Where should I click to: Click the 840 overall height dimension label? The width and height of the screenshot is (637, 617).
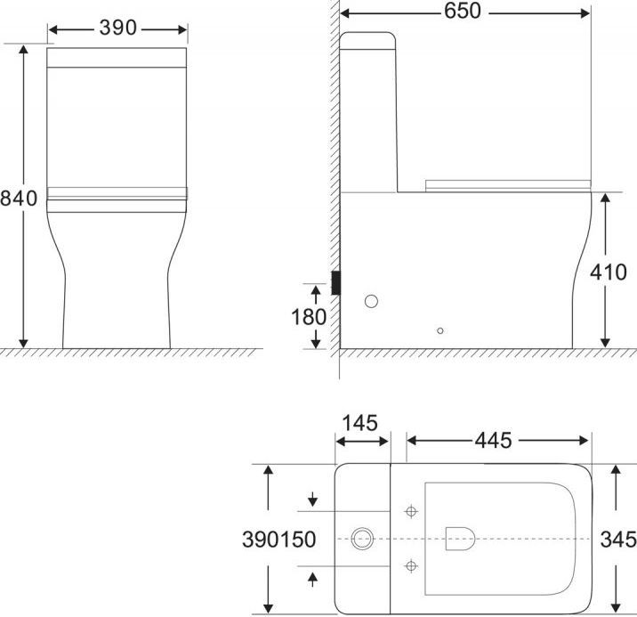point(19,198)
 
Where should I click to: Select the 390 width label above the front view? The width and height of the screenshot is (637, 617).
point(117,28)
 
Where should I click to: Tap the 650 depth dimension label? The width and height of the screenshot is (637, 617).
point(463,12)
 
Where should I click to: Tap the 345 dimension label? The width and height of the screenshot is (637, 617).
point(617,539)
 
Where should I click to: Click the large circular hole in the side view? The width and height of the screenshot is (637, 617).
point(371,301)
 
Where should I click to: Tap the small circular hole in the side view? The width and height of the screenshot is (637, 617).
point(440,330)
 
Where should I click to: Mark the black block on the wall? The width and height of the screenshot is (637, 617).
point(335,282)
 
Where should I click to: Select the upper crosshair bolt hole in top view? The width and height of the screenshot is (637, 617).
point(410,511)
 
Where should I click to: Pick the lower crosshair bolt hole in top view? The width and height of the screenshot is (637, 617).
point(410,564)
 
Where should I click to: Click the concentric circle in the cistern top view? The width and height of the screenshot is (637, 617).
point(361,538)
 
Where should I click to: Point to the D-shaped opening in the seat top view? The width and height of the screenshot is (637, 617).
point(458,537)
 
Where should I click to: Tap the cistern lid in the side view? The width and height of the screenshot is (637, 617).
point(368,39)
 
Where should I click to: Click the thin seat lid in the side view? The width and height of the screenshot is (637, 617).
point(507,183)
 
